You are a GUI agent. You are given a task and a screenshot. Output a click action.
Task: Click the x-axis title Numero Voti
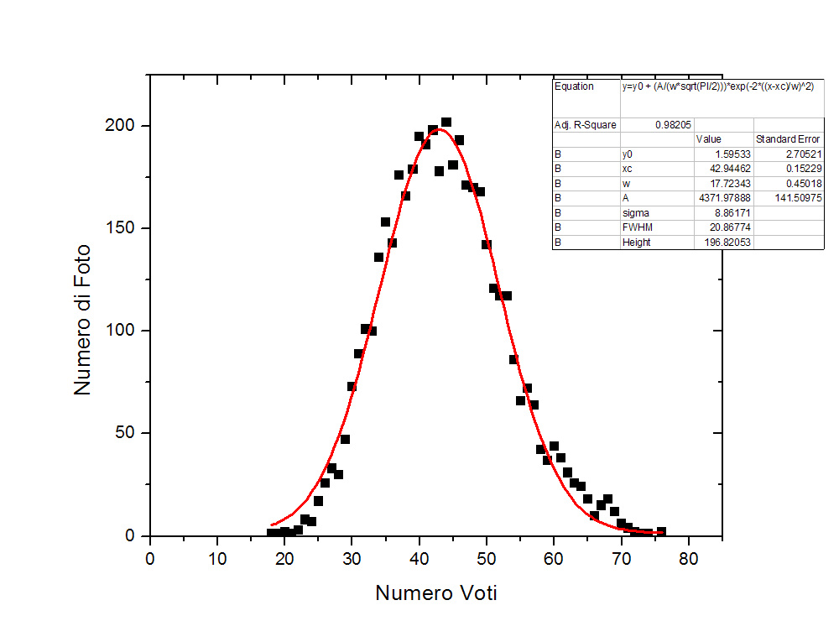[x=435, y=593]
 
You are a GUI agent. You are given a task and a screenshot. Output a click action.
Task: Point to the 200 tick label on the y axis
[x=121, y=126]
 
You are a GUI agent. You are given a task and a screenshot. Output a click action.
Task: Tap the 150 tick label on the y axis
[x=121, y=228]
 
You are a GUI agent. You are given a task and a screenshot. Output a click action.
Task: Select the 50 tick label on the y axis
[x=125, y=433]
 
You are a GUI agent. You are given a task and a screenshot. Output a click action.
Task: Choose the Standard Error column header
[x=788, y=138]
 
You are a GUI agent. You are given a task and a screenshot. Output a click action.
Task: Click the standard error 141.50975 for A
[x=794, y=198]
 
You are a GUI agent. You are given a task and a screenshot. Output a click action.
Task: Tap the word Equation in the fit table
[x=574, y=86]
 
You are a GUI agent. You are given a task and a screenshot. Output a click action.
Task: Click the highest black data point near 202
[x=446, y=123]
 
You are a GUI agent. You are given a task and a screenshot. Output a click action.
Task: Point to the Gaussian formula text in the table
[x=717, y=86]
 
